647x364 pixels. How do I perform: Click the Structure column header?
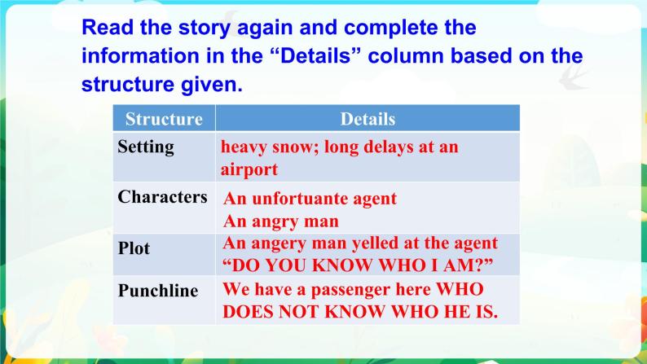(164, 119)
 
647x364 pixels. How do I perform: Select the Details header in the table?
(368, 119)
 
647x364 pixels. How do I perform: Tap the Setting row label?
(146, 147)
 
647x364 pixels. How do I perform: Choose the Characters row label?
(162, 197)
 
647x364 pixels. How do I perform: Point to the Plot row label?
(134, 248)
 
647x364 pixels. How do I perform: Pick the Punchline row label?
(158, 291)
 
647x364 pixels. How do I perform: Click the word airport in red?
(249, 169)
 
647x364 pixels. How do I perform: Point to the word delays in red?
(379, 147)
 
